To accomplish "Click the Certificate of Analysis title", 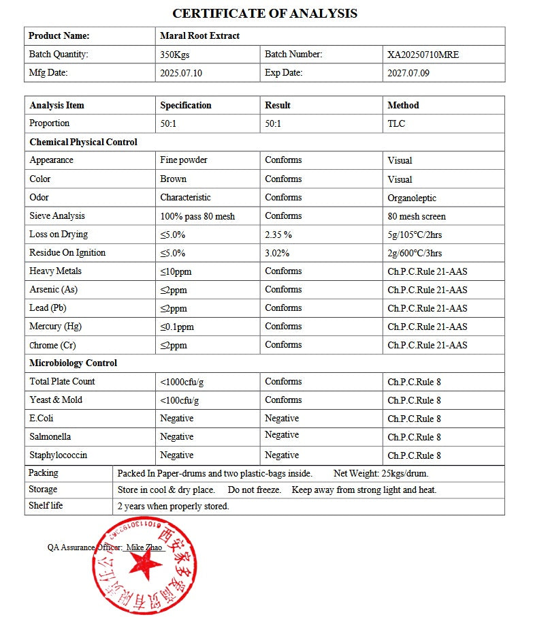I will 265,13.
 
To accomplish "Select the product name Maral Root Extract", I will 199,35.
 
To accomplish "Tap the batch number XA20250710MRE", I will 423,55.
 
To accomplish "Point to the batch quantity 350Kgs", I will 174,55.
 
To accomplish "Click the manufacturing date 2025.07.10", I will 181,73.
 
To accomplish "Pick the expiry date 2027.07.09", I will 408,73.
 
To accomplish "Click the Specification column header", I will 186,105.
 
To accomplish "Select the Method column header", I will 403,105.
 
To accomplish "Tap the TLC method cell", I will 396,123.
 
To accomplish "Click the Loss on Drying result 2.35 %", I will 278,235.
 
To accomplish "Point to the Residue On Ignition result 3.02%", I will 277,253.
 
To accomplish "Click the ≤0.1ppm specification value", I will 177,327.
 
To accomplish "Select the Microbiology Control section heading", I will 73,363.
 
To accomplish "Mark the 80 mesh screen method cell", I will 417,216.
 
